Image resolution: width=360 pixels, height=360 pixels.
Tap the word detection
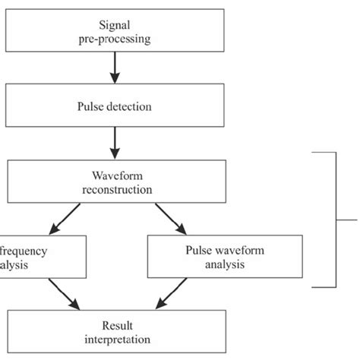pyautogui.click(x=131, y=106)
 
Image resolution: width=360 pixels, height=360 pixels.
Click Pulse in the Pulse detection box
pyautogui.click(x=94, y=106)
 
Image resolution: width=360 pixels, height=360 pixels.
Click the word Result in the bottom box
pyautogui.click(x=114, y=323)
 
